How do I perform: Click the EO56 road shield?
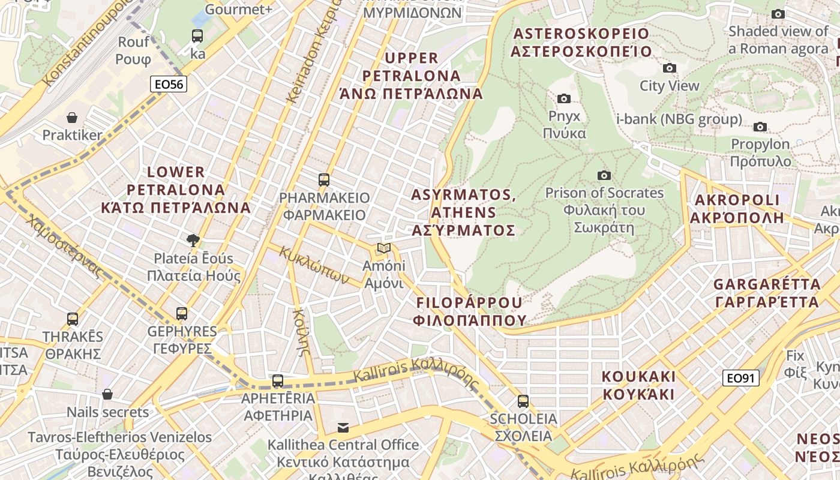[x=169, y=85]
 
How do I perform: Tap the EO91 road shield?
[x=741, y=378]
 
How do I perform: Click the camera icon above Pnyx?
[x=564, y=98]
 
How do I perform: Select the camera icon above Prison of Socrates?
[x=604, y=175]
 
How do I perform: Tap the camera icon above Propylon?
[x=760, y=127]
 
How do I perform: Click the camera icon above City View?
[x=669, y=68]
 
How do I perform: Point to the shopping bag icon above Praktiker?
[x=72, y=118]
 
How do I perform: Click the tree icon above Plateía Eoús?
[x=193, y=241]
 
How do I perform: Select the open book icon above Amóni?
[x=384, y=248]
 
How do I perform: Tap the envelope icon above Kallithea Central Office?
[x=343, y=427]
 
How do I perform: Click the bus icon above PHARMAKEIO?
[x=324, y=179]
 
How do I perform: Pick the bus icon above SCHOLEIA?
[x=523, y=401]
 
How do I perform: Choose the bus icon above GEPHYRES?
[x=182, y=313]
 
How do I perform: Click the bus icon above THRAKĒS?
[x=73, y=319]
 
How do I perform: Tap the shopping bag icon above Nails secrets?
[x=107, y=394]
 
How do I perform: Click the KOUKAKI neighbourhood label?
[x=638, y=385]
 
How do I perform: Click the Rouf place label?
[x=133, y=50]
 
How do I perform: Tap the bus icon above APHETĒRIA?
[x=277, y=380]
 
